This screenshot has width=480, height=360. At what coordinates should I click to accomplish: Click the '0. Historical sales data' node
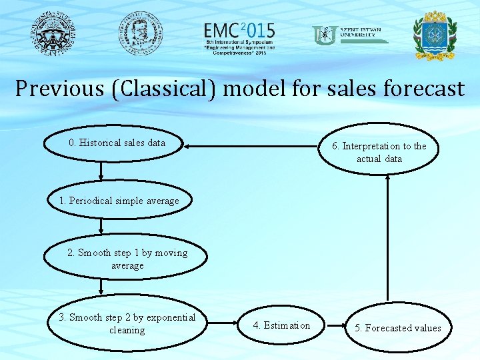click(117, 143)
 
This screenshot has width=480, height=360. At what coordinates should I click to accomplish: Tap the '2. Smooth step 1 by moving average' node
click(127, 259)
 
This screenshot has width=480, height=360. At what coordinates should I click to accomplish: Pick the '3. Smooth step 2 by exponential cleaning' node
click(127, 324)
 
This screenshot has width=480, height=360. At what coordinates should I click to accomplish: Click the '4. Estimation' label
click(281, 325)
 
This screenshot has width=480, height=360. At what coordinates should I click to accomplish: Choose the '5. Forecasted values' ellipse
click(397, 328)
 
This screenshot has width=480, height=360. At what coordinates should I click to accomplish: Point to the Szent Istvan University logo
click(350, 35)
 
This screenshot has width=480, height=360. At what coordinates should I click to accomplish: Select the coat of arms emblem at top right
click(435, 35)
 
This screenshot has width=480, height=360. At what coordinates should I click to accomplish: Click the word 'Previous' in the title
click(56, 89)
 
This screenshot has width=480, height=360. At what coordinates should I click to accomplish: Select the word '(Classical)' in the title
click(159, 89)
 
